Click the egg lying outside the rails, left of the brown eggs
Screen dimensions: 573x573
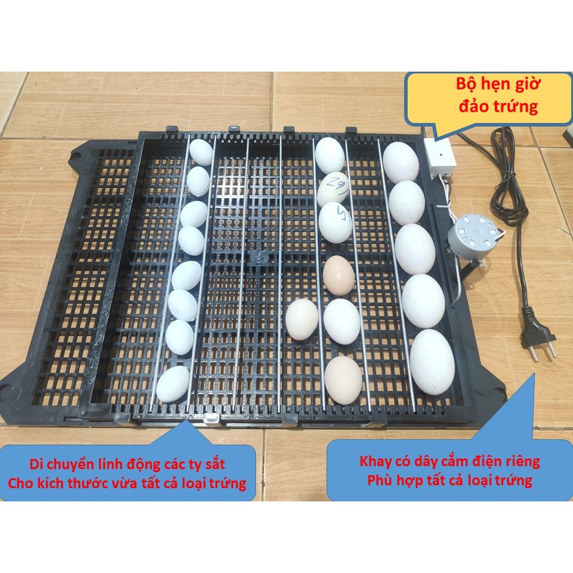coord(302,319)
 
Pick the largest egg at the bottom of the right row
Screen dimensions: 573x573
coord(432,362)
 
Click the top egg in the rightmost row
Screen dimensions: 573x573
coord(401,161)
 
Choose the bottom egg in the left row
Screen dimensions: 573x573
coord(173,383)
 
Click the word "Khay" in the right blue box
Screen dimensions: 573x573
coord(377,461)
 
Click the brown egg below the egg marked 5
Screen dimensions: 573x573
coord(338,275)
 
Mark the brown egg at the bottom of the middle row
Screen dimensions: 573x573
coord(343,380)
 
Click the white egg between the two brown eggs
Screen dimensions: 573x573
coord(341,322)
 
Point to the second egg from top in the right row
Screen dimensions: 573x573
coord(407,202)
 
